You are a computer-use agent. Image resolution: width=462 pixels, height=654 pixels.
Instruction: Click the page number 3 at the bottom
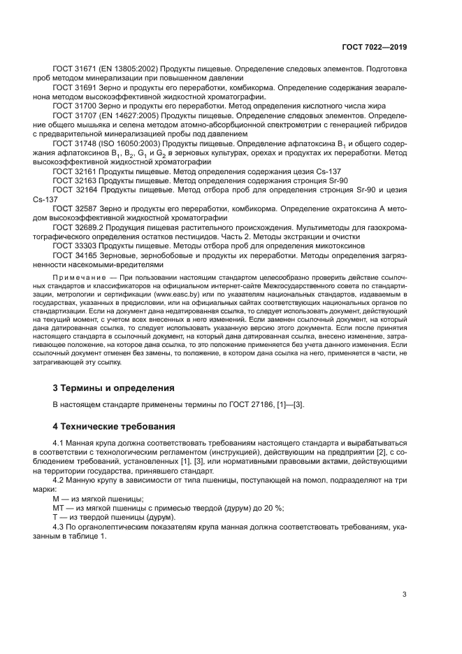[404, 595]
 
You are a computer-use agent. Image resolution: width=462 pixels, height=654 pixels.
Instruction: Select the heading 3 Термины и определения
[114, 388]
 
